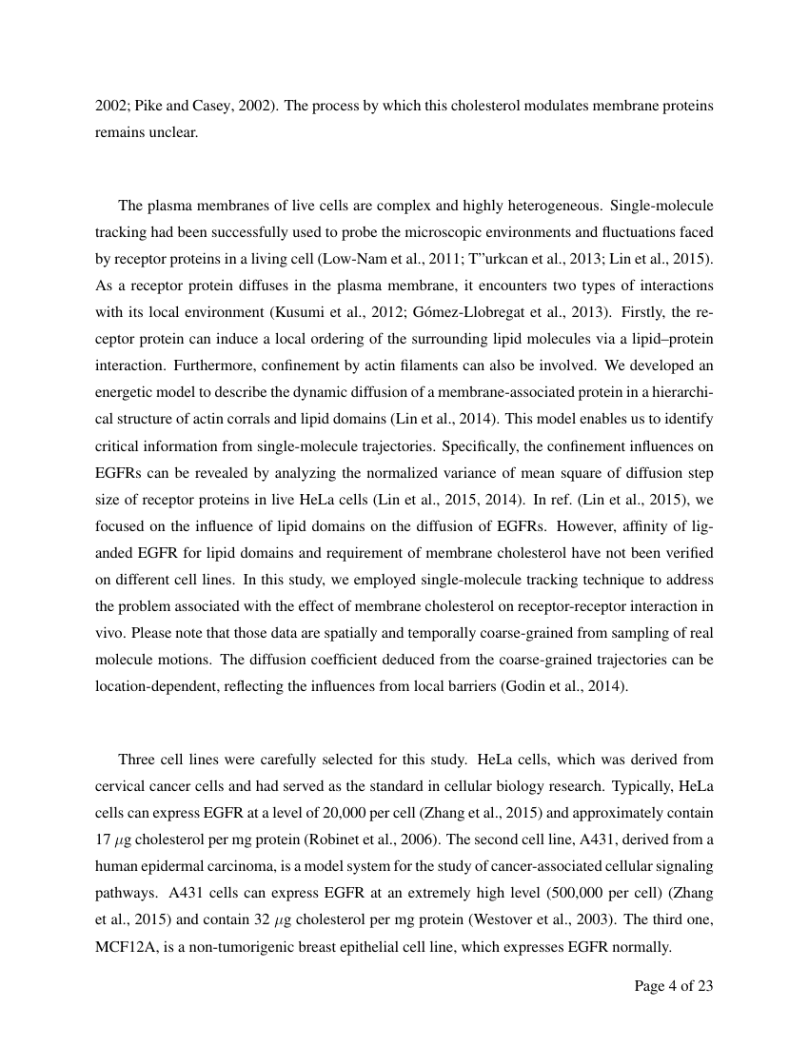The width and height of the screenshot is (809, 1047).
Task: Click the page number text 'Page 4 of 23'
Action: (673, 986)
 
